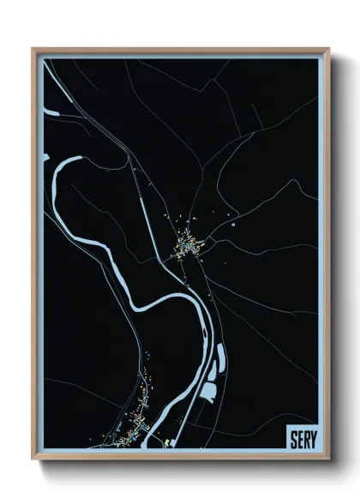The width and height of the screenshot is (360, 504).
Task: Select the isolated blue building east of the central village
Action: pos(232,225)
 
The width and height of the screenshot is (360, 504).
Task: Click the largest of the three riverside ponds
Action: pos(209,393)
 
